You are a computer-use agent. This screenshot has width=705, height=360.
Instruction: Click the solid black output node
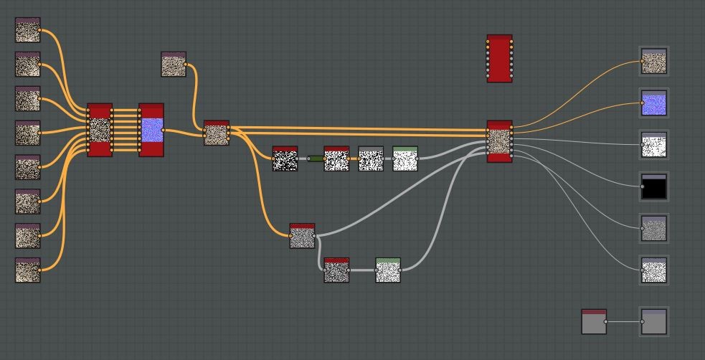click(653, 186)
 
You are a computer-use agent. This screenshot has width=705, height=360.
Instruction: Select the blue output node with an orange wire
click(653, 103)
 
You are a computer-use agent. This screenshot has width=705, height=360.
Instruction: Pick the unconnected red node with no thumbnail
click(499, 58)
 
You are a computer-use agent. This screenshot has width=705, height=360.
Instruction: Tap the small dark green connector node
click(315, 158)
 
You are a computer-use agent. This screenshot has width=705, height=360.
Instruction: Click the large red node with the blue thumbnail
click(151, 130)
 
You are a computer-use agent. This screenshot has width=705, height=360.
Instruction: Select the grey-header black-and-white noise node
click(371, 158)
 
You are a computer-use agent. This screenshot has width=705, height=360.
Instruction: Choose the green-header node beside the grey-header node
click(405, 158)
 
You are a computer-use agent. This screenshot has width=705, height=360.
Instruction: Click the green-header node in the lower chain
click(388, 270)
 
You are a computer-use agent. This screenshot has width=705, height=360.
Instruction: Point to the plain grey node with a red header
click(594, 322)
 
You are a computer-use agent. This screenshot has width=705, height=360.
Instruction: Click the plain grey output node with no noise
click(653, 322)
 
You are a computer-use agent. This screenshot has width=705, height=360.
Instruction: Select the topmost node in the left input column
click(28, 30)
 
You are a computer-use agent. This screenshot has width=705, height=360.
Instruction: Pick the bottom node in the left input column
click(28, 270)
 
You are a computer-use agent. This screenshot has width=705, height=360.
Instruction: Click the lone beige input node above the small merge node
click(174, 65)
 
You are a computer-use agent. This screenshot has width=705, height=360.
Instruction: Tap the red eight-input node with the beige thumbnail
click(100, 130)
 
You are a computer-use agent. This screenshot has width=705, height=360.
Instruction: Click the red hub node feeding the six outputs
click(499, 141)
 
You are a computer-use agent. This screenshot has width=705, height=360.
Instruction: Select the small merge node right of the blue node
click(217, 133)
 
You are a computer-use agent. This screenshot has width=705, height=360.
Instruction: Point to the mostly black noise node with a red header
click(285, 158)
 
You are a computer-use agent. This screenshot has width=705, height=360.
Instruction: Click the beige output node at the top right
click(653, 61)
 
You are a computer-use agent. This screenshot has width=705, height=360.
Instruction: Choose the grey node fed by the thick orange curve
click(302, 236)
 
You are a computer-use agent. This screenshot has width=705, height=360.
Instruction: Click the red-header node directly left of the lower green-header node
click(336, 270)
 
